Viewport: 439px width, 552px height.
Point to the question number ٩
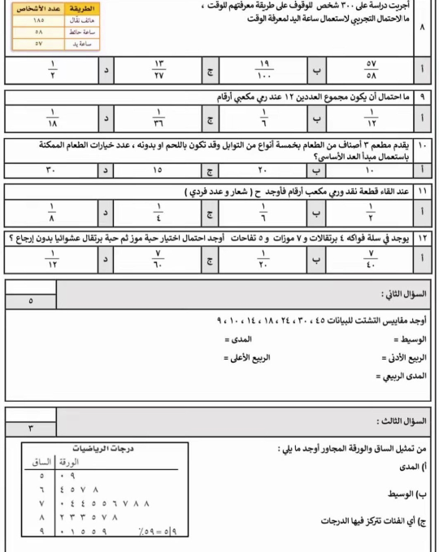pos(424,96)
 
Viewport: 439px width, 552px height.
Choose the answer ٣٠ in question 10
pos(54,170)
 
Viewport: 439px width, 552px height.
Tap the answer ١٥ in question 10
pos(158,170)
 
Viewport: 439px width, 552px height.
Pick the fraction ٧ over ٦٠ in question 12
pos(158,257)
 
